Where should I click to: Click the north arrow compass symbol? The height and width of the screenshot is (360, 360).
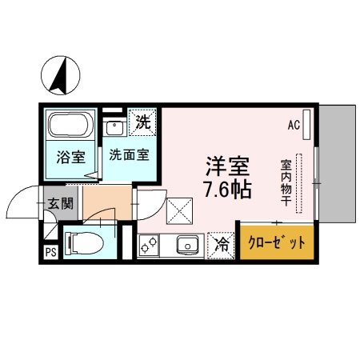[x=58, y=74]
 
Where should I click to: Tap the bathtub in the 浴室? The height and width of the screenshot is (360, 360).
[x=71, y=126]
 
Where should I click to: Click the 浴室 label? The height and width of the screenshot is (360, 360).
[x=70, y=157]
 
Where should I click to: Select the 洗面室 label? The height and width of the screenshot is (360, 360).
[x=128, y=155]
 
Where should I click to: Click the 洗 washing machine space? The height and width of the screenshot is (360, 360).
[x=142, y=123]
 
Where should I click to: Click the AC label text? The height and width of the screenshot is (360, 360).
[x=294, y=125]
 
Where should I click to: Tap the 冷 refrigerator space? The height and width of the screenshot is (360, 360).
[x=221, y=244]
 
